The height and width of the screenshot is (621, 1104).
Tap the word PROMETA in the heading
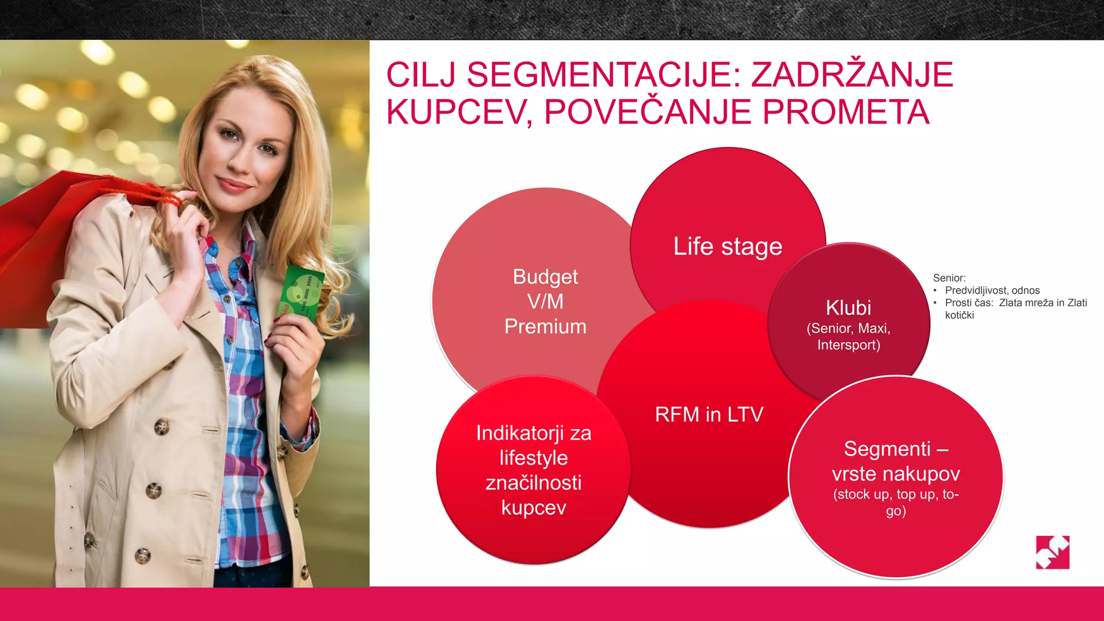click(x=846, y=112)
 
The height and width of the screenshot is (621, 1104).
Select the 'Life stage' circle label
click(x=728, y=247)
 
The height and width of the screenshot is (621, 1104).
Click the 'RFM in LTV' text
click(x=709, y=415)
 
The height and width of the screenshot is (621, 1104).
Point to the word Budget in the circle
click(x=545, y=277)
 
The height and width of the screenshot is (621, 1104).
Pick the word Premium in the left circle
click(x=545, y=327)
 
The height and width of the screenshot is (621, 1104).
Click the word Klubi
click(x=848, y=308)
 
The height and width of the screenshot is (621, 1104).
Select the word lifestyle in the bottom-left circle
click(x=533, y=458)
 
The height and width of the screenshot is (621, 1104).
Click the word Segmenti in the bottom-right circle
click(x=887, y=449)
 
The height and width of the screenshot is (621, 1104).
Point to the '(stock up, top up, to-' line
click(x=895, y=494)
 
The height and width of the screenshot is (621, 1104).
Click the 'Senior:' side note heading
click(x=949, y=278)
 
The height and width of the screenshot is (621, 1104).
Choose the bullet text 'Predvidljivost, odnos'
click(x=992, y=291)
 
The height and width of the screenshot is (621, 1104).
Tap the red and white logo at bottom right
click(x=1052, y=552)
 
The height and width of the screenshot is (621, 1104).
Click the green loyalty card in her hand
click(x=300, y=294)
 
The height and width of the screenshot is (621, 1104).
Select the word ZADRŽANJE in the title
click(x=852, y=75)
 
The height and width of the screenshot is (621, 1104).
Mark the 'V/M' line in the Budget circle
click(x=545, y=302)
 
